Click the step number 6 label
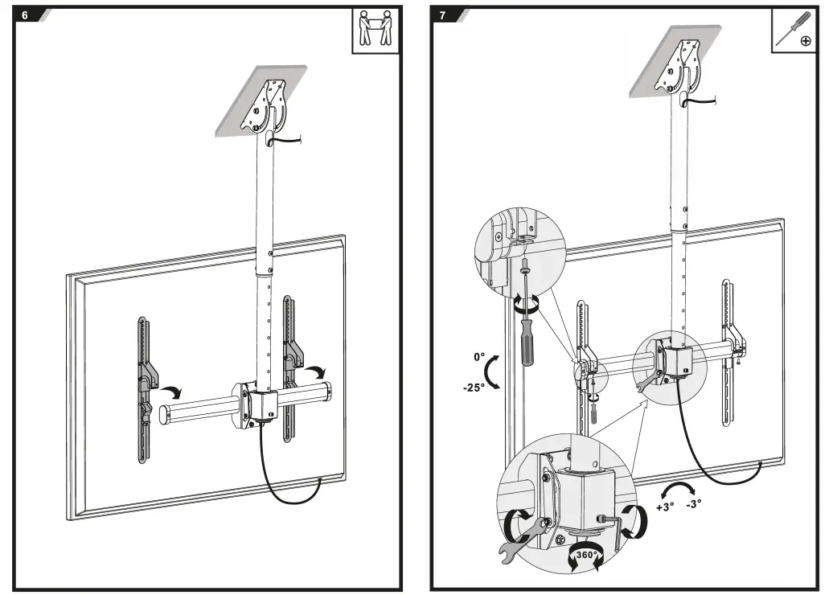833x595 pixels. pyautogui.click(x=25, y=15)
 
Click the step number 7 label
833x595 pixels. pyautogui.click(x=442, y=15)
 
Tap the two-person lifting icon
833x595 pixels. pyautogui.click(x=375, y=31)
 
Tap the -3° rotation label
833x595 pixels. pyautogui.click(x=693, y=504)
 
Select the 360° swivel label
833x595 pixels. pyautogui.click(x=585, y=555)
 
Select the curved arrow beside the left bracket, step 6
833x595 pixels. pyautogui.click(x=170, y=392)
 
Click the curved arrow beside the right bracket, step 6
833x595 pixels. pyautogui.click(x=318, y=371)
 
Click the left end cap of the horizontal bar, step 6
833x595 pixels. pyautogui.click(x=163, y=415)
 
